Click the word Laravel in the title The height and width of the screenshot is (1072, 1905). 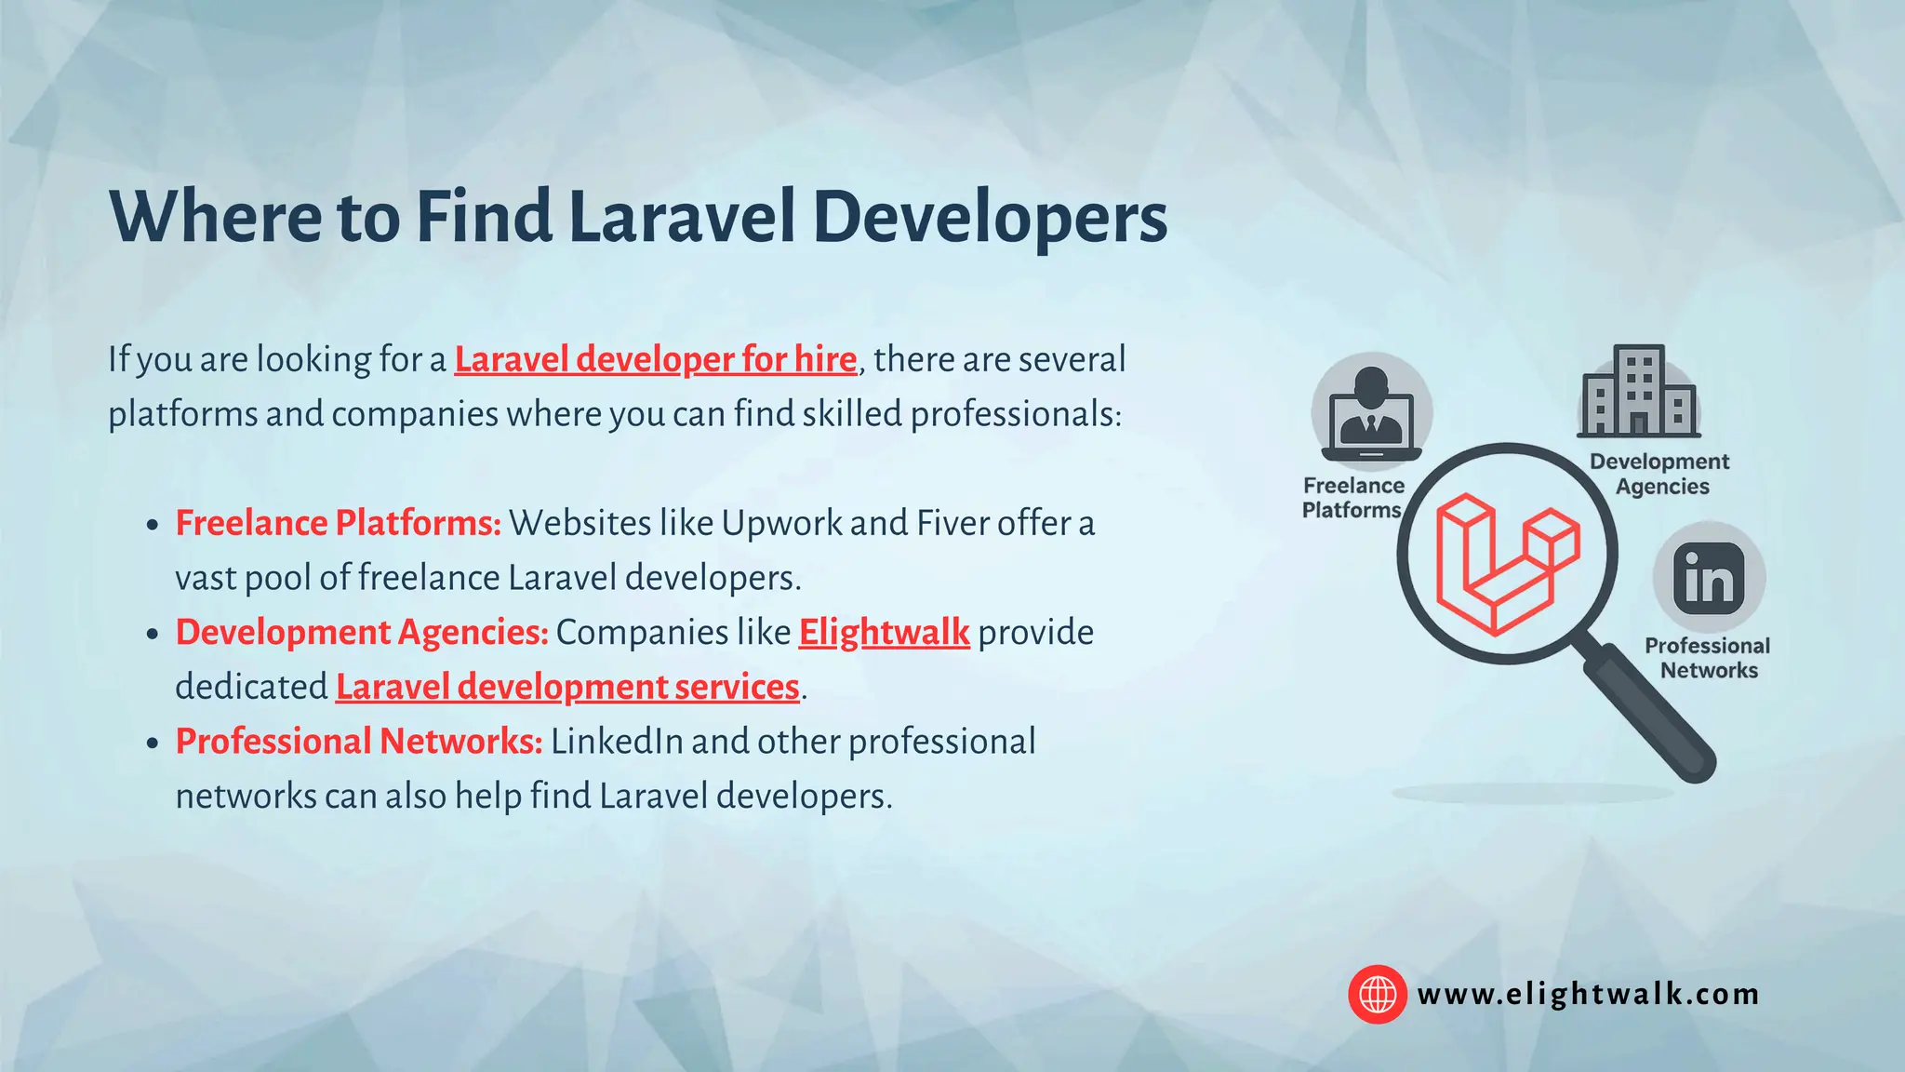[682, 218]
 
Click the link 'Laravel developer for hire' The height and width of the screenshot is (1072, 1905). [655, 360]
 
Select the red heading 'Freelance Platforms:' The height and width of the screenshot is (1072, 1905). [338, 524]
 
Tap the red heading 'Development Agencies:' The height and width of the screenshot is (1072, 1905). [362, 633]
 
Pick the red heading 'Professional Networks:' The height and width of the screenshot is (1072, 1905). [359, 742]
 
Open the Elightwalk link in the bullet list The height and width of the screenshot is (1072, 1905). [884, 633]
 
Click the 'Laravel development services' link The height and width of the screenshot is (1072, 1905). [567, 688]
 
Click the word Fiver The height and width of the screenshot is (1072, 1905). [952, 524]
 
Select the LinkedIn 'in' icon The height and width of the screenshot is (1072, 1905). [1709, 579]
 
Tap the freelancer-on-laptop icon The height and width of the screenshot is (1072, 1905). [1371, 412]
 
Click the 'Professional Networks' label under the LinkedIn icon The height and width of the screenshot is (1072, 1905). [1708, 658]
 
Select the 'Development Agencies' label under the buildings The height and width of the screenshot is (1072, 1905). [1660, 474]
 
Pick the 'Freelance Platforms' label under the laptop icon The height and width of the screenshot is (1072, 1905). [1352, 498]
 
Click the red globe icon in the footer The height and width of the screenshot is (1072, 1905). [1378, 994]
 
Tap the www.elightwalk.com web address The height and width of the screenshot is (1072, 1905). [1588, 995]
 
